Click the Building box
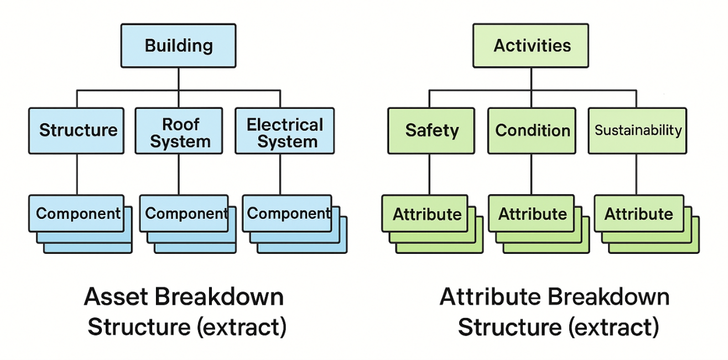pos(179,45)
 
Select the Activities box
pos(531,45)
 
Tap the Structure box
pos(76,131)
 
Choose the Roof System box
pos(179,131)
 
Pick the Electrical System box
pos(285,131)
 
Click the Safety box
pos(431,131)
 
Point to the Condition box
pos(532,131)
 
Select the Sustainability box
pos(637,131)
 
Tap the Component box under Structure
pos(76,213)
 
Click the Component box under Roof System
pos(184,213)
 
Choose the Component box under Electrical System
pos(287,213)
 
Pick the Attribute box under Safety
pos(425,213)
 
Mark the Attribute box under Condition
pos(532,213)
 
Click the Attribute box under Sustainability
pos(639,213)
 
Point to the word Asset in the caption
pos(116,296)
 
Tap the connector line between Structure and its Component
pos(77,175)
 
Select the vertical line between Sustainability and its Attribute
pos(636,175)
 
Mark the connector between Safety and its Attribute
pos(429,175)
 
